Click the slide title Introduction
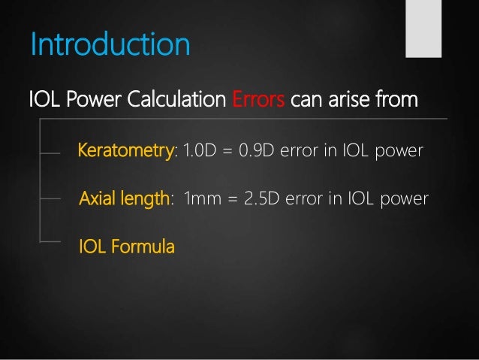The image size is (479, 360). point(110,44)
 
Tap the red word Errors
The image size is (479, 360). point(257,99)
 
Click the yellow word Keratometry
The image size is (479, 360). point(125,152)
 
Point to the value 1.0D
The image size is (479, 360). point(198,152)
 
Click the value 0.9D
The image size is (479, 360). point(257,152)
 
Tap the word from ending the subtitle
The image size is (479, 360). point(396,99)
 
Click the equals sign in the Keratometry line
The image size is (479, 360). point(227,152)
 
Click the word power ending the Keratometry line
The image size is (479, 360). point(399,152)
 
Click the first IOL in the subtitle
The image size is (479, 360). point(41,99)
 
